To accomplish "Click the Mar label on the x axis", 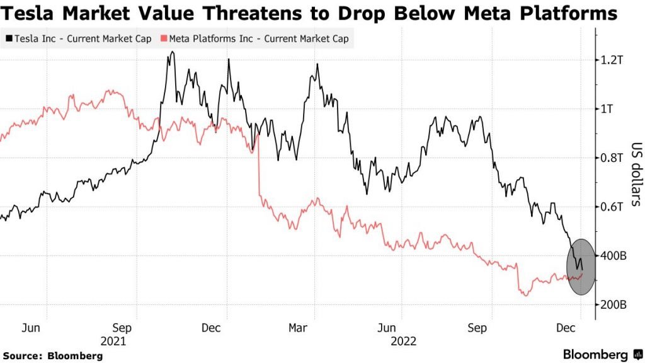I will [x=297, y=328].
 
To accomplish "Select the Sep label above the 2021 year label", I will [x=123, y=328].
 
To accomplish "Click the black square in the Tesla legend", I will [x=9, y=39].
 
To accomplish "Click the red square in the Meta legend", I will [x=164, y=39].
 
